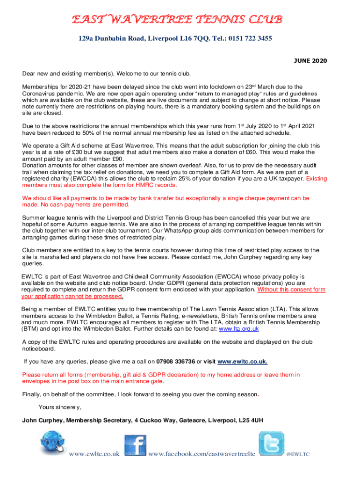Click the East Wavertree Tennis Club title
click(x=177, y=20)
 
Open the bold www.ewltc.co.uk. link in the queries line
click(x=243, y=362)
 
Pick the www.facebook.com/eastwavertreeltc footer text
click(x=202, y=454)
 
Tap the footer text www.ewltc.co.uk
click(x=94, y=454)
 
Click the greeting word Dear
click(x=30, y=73)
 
